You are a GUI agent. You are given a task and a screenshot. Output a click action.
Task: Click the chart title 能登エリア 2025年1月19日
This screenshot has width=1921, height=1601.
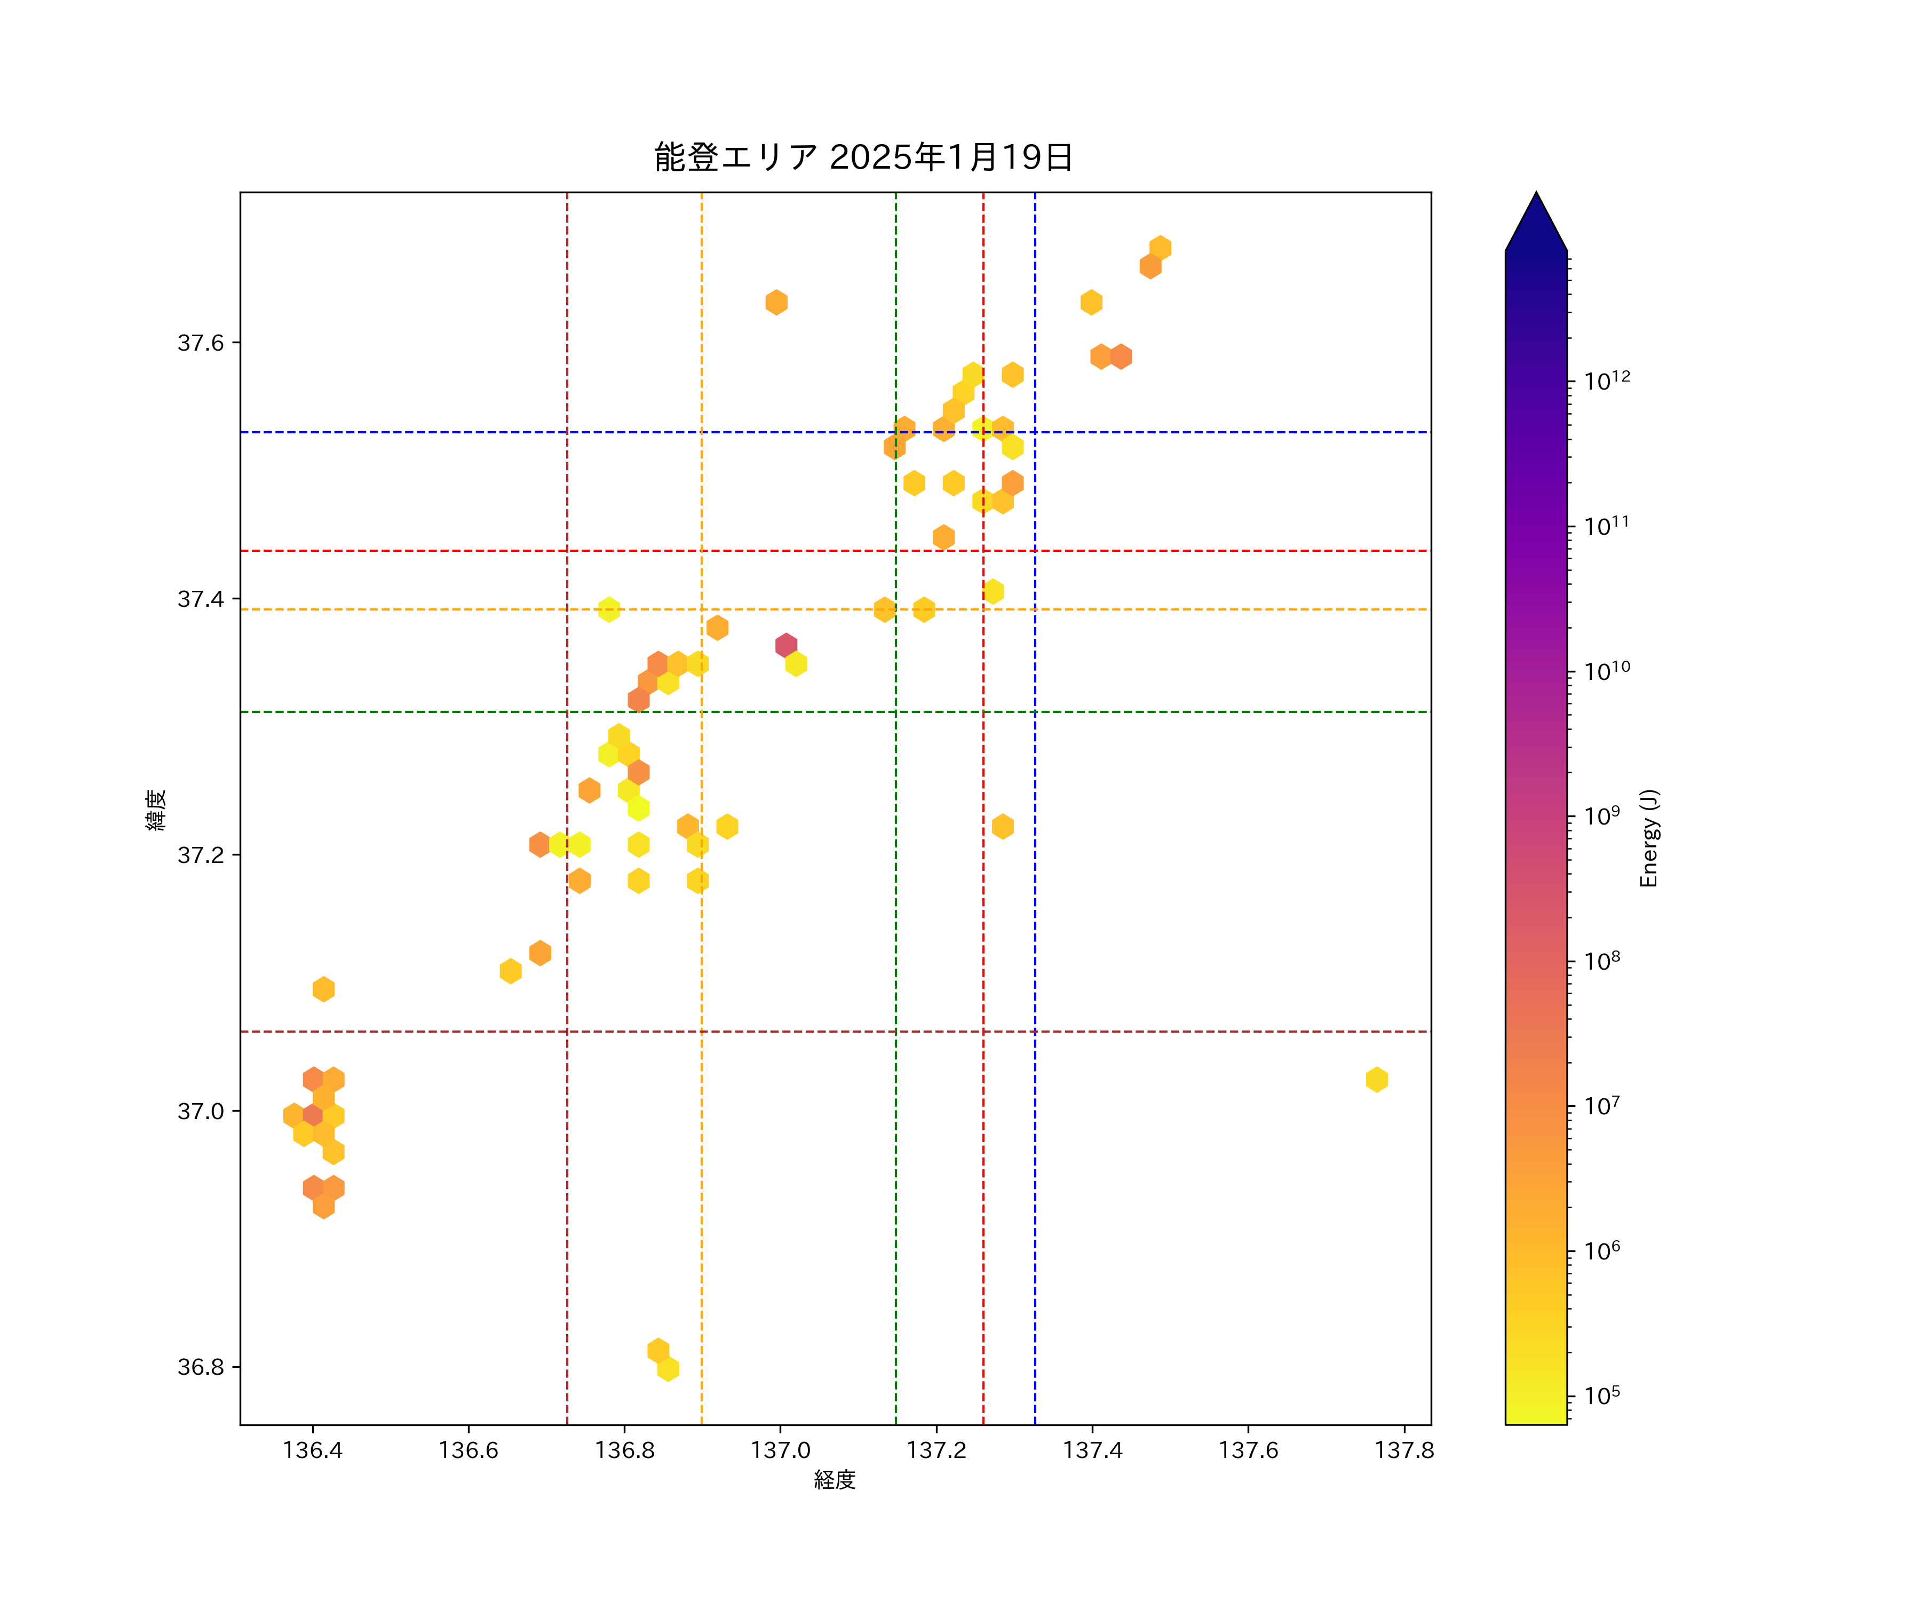863,157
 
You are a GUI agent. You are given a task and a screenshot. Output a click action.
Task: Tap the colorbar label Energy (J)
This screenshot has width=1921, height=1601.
1648,838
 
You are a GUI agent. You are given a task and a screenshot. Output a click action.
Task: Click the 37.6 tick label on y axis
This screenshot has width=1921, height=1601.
200,343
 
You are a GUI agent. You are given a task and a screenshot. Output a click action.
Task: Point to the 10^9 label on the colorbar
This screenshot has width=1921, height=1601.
1602,815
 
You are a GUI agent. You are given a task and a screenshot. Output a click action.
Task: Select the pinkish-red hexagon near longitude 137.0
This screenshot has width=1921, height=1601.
786,646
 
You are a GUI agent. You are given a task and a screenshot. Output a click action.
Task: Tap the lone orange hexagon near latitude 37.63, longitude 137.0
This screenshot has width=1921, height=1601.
776,302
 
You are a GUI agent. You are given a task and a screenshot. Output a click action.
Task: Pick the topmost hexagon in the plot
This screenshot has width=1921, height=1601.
1160,248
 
